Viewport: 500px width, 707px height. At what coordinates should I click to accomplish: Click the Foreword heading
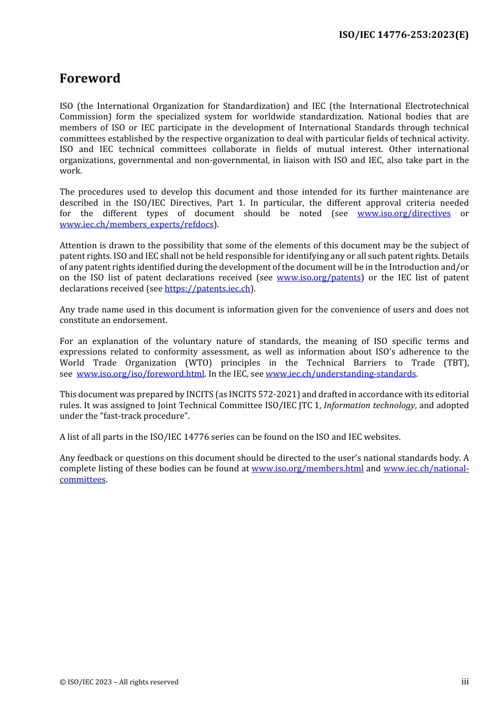pyautogui.click(x=90, y=78)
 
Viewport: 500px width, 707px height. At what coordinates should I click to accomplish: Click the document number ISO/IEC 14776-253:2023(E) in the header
pyautogui.click(x=403, y=35)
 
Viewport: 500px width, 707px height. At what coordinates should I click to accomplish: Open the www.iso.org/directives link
pyautogui.click(x=404, y=214)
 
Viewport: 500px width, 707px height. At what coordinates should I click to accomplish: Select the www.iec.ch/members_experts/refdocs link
pyautogui.click(x=136, y=225)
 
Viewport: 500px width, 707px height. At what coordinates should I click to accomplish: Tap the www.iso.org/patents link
pyautogui.click(x=318, y=278)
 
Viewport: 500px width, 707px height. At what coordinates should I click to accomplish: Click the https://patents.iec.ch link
pyautogui.click(x=207, y=289)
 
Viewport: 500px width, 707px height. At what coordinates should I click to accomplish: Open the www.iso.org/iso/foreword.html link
pyautogui.click(x=140, y=374)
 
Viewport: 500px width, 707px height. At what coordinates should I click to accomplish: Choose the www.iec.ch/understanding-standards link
pyautogui.click(x=341, y=374)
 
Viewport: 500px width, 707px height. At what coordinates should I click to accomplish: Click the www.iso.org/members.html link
pyautogui.click(x=307, y=469)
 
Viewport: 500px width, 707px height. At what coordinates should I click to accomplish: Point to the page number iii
pyautogui.click(x=465, y=682)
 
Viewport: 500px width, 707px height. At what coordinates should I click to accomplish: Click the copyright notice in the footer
pyautogui.click(x=119, y=682)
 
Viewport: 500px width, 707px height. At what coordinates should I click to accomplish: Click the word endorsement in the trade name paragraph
pyautogui.click(x=141, y=320)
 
